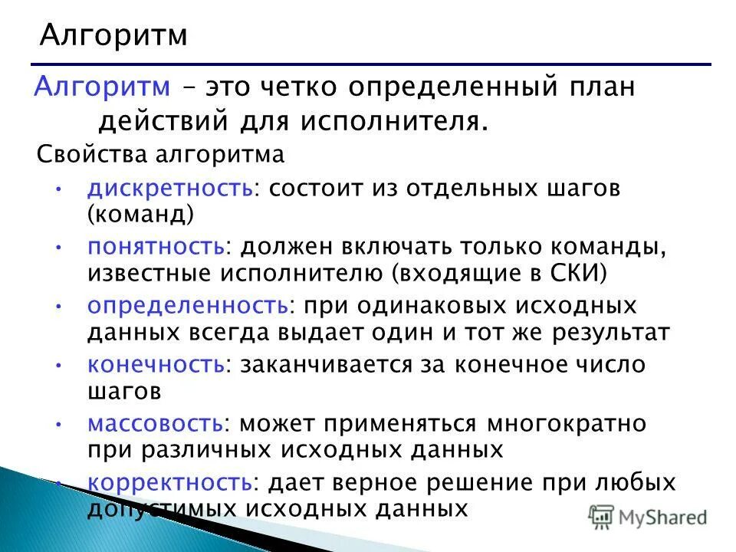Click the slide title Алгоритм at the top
(x=113, y=36)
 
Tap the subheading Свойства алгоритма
(x=160, y=155)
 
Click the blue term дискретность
(x=169, y=189)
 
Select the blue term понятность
(x=156, y=247)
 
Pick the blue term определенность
(x=187, y=305)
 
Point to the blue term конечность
(x=156, y=364)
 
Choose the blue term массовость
(x=156, y=423)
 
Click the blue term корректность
(x=169, y=482)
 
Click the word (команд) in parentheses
(x=140, y=214)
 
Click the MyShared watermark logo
(x=648, y=517)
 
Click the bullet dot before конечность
(x=59, y=365)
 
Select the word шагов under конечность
(x=123, y=390)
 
